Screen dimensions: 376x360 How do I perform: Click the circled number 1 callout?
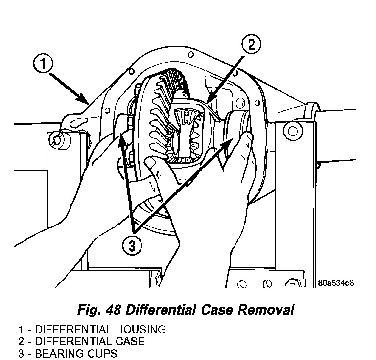43,64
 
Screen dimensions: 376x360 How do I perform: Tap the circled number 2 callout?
251,45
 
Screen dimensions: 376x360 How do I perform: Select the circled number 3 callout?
132,246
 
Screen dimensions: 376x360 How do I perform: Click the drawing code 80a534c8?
336,283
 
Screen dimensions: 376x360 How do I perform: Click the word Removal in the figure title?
266,310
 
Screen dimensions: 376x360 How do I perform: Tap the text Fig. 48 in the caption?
98,310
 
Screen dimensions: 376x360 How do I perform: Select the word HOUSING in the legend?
141,329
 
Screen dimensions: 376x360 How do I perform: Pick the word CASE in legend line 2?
130,341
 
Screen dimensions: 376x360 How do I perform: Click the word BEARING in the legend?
60,354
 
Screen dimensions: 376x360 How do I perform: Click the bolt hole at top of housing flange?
190,55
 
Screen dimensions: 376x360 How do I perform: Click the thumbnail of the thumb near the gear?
151,162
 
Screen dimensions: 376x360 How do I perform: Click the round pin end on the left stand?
57,140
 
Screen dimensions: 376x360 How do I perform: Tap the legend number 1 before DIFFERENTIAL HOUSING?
21,329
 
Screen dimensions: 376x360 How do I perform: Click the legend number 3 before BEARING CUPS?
21,354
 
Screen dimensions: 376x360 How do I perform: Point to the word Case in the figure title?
217,310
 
